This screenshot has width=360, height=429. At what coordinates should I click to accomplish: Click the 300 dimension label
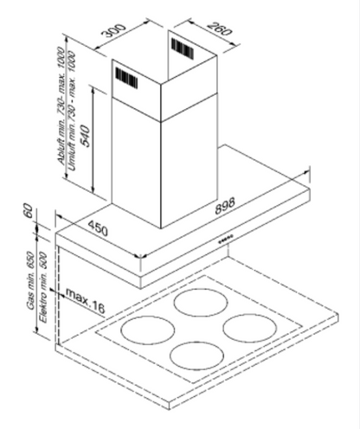(115, 30)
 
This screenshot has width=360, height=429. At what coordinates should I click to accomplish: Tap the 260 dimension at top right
(219, 28)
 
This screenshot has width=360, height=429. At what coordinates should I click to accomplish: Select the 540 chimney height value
(85, 136)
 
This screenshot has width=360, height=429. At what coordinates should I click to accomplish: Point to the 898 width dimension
(225, 206)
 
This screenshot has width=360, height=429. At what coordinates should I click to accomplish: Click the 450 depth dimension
(98, 227)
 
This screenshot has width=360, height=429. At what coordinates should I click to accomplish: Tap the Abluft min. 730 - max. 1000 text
(61, 106)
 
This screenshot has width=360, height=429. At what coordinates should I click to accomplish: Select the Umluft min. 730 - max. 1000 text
(72, 112)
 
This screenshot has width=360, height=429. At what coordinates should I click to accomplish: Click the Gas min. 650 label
(30, 280)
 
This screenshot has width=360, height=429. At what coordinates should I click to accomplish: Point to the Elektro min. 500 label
(42, 287)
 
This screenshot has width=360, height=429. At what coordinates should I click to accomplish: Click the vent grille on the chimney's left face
(126, 77)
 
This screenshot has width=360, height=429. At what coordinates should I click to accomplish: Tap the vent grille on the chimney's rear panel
(183, 48)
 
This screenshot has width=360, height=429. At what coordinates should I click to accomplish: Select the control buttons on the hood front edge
(226, 240)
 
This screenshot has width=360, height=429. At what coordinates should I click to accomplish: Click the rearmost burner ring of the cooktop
(201, 303)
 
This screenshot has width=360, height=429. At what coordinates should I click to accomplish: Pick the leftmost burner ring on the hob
(148, 330)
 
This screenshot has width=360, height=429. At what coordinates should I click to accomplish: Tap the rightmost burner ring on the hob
(250, 328)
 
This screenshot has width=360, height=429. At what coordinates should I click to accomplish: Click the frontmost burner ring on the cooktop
(197, 355)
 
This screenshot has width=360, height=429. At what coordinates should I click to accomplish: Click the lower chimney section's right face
(189, 162)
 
